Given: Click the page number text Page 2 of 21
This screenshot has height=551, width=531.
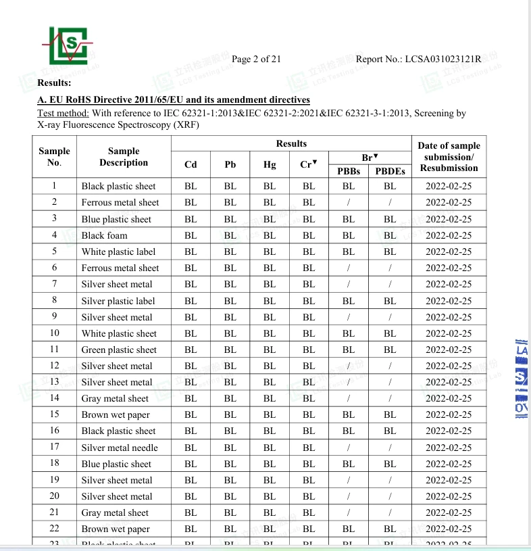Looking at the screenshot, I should pyautogui.click(x=256, y=59).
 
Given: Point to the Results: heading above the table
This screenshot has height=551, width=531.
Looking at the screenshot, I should pyautogui.click(x=54, y=82).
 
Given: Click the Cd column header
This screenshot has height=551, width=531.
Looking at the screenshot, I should pyautogui.click(x=191, y=164).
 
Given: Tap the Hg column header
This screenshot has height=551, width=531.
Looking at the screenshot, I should pyautogui.click(x=270, y=164).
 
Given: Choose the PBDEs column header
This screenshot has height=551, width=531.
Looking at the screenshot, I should pyautogui.click(x=390, y=171).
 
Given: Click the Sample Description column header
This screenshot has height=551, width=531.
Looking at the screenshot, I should pyautogui.click(x=123, y=157).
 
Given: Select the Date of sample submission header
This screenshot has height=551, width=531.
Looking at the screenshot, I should pyautogui.click(x=449, y=156).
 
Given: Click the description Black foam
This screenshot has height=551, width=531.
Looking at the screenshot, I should pyautogui.click(x=104, y=235).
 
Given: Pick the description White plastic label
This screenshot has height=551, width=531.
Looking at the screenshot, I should pyautogui.click(x=118, y=251).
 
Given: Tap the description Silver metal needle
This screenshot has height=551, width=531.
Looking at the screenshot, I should pyautogui.click(x=120, y=448).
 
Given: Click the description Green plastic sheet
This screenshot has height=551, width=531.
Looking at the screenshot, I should pyautogui.click(x=119, y=350).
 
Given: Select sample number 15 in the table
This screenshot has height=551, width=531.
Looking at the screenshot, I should pyautogui.click(x=54, y=414).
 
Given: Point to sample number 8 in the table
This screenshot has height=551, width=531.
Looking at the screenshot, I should pyautogui.click(x=54, y=300).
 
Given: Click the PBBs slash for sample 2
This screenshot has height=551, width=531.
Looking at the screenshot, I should pyautogui.click(x=348, y=202).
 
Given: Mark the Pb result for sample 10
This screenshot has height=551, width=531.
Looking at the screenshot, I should pyautogui.click(x=230, y=333).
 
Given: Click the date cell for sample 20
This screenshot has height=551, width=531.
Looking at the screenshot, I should pyautogui.click(x=449, y=496).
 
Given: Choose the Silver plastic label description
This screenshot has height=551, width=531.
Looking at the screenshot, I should pyautogui.click(x=118, y=301).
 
